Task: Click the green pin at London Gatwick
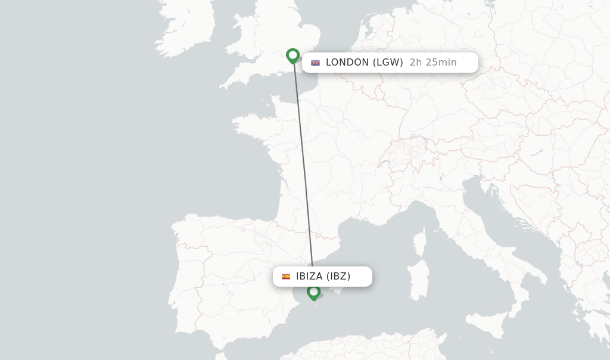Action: [x=292, y=55]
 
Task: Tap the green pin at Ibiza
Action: [x=313, y=292]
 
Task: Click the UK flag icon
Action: [x=315, y=63]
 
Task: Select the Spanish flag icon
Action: [x=286, y=277]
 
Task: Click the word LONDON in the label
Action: [x=347, y=62]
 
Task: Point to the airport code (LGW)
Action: [x=388, y=62]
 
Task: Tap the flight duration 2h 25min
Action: [x=433, y=62]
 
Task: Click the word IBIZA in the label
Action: [x=309, y=276]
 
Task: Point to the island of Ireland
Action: [x=185, y=27]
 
